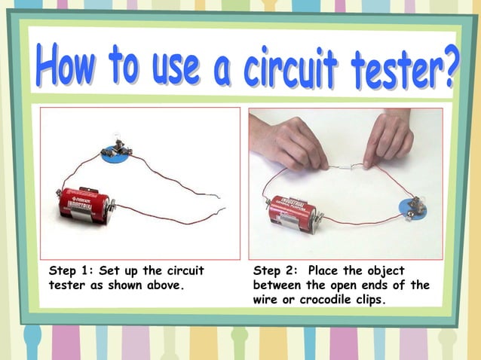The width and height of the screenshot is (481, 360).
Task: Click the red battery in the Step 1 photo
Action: click(85, 204)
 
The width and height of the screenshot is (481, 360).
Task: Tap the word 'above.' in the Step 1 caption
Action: click(165, 285)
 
